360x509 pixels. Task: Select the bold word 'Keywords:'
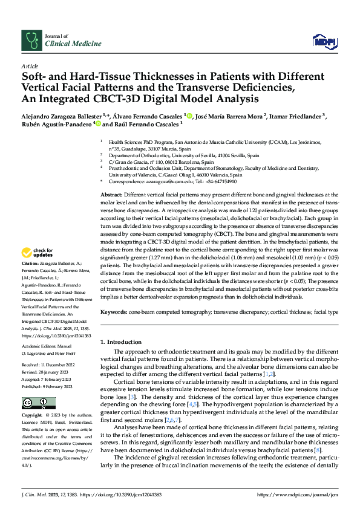(x=116, y=313)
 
